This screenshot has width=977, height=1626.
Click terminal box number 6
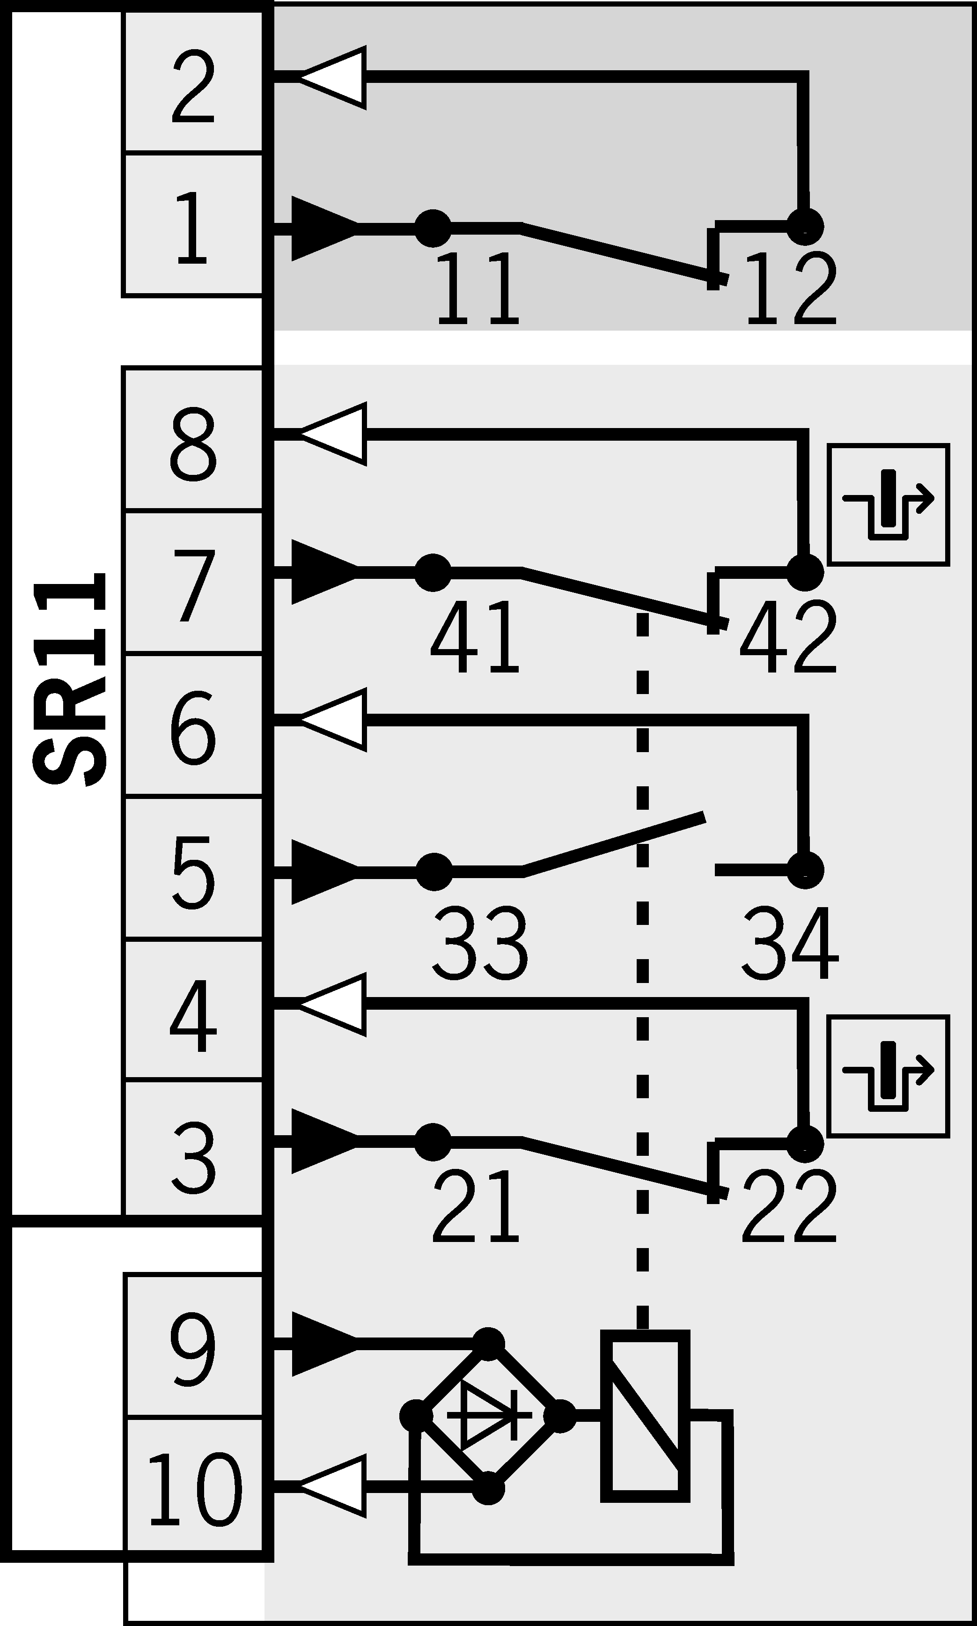pos(193,726)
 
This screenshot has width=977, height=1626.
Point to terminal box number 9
pos(193,1347)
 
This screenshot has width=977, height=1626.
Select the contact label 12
pos(790,288)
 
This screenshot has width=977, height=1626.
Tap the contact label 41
pos(475,636)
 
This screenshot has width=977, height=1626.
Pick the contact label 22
pos(789,1205)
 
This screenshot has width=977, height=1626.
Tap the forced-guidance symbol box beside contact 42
pos(888,504)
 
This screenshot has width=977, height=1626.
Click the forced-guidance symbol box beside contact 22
pos(888,1075)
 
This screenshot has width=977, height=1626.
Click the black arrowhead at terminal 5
pos(323,871)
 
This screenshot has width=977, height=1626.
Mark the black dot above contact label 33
pos(434,871)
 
